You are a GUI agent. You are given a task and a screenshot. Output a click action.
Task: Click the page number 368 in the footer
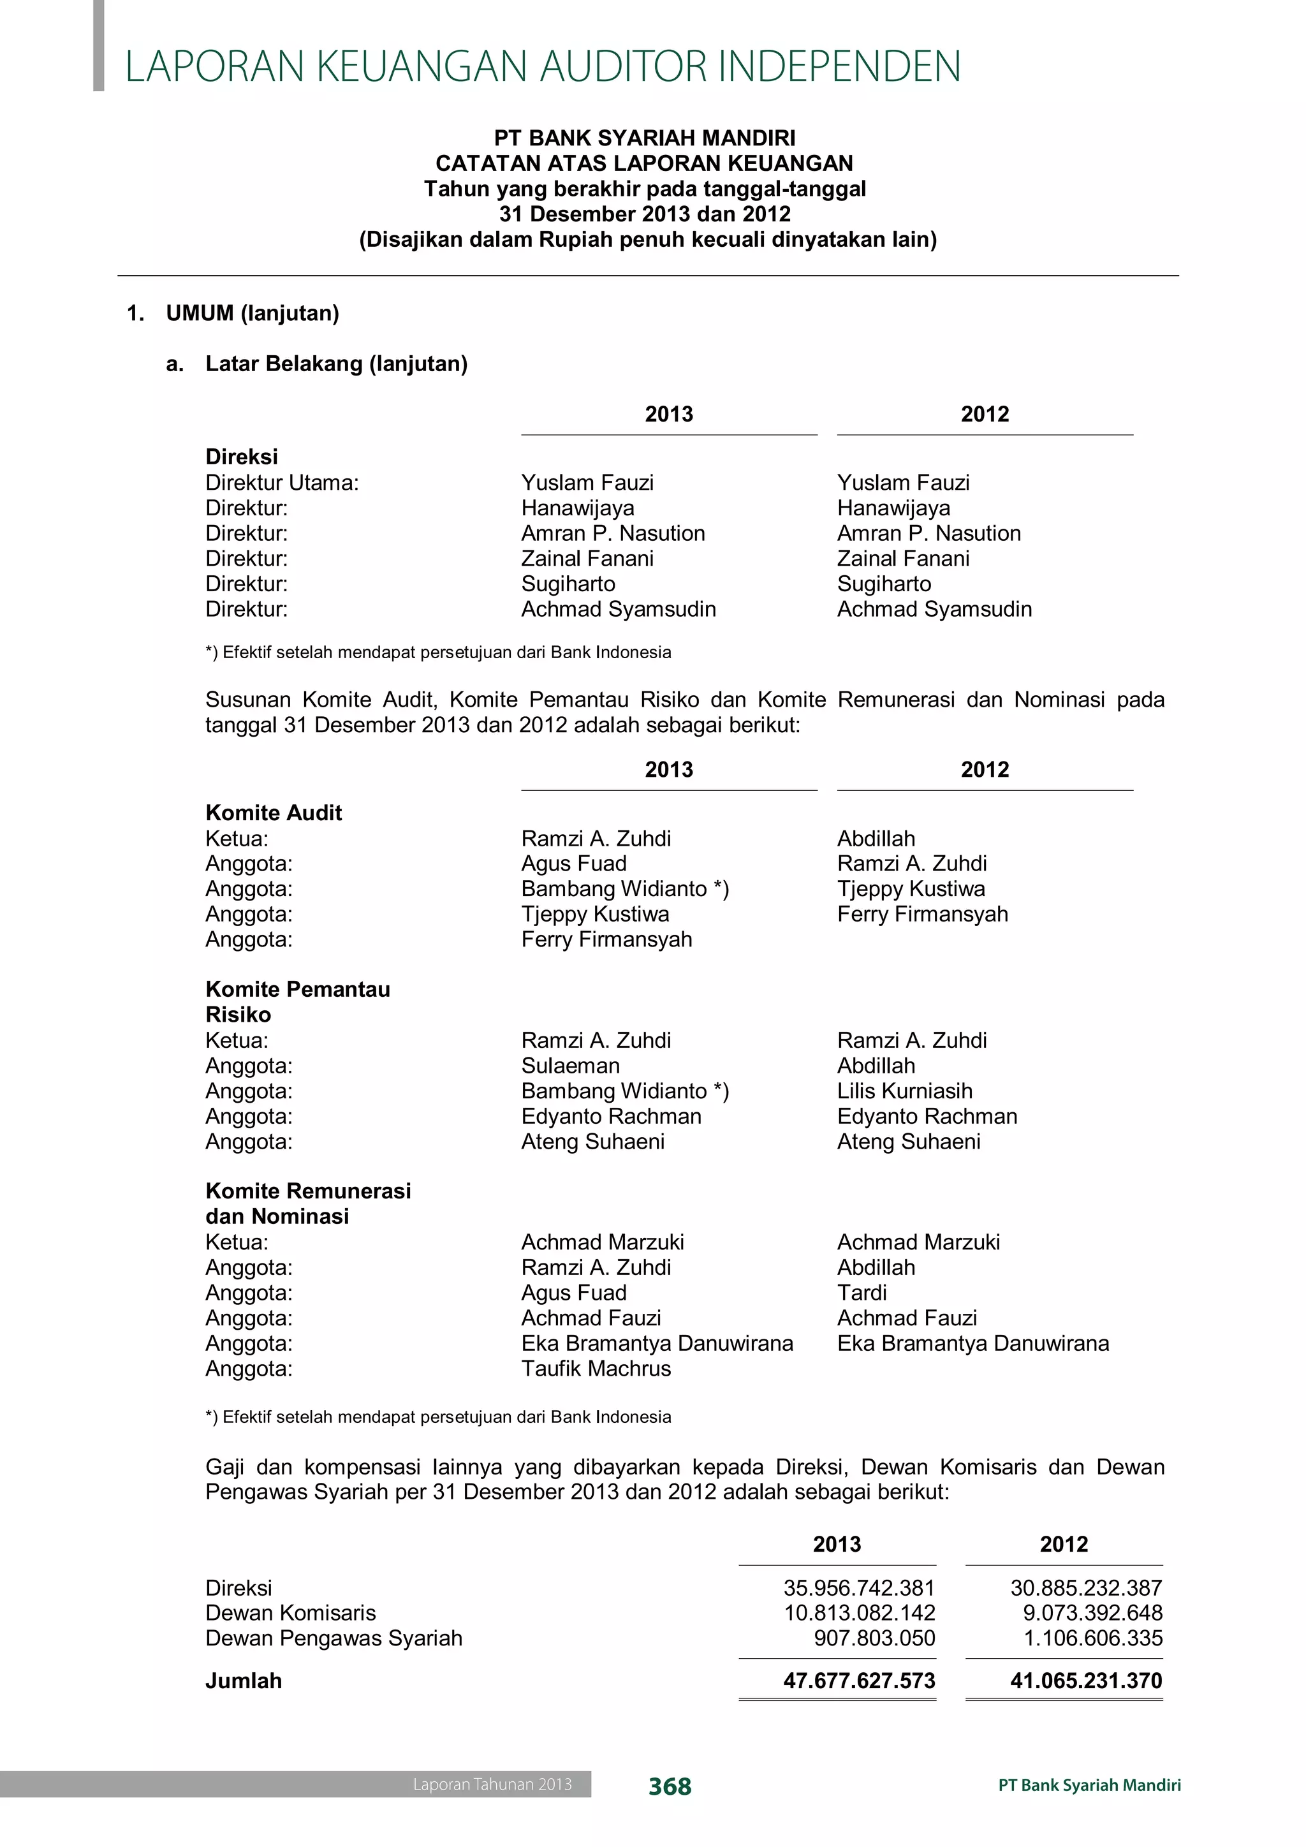pyautogui.click(x=669, y=1786)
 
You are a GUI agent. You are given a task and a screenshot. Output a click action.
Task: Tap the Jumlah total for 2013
pyautogui.click(x=859, y=1681)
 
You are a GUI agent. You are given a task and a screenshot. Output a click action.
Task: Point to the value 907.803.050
pyautogui.click(x=874, y=1638)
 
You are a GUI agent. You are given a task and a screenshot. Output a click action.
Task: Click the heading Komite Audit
pyautogui.click(x=274, y=813)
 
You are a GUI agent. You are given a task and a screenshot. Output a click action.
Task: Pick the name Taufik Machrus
pyautogui.click(x=596, y=1369)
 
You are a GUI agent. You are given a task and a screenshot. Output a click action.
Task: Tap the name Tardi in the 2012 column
pyautogui.click(x=862, y=1293)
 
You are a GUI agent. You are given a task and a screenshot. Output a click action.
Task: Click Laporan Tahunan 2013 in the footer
pyautogui.click(x=492, y=1784)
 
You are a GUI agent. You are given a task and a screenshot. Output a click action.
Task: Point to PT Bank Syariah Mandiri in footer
pyautogui.click(x=1090, y=1785)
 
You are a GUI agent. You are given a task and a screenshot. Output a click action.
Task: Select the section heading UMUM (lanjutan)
pyautogui.click(x=252, y=313)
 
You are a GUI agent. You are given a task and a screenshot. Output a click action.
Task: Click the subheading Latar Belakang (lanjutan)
pyautogui.click(x=336, y=364)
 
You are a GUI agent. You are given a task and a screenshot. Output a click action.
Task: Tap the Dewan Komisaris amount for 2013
pyautogui.click(x=859, y=1613)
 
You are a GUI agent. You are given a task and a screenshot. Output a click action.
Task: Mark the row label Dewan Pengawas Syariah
pyautogui.click(x=334, y=1638)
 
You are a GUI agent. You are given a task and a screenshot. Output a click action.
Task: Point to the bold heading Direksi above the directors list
pyautogui.click(x=241, y=457)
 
